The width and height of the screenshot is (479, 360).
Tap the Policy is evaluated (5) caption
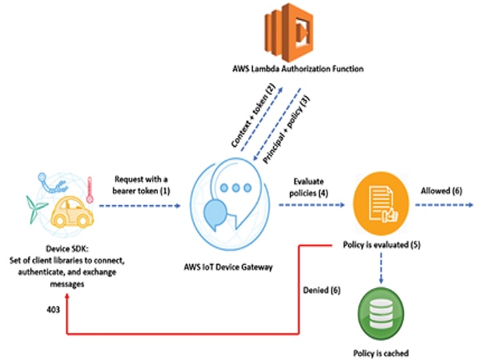point(381,243)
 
